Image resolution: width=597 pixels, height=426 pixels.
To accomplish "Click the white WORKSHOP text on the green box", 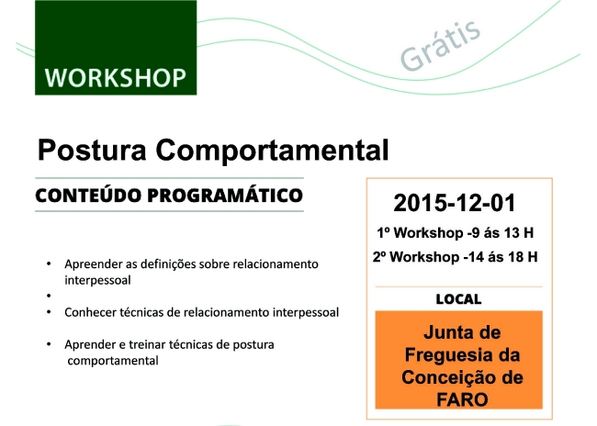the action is click(116, 78).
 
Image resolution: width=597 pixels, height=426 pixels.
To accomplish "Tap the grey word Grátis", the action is click(441, 45).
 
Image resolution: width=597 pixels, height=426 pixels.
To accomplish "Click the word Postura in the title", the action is click(92, 150).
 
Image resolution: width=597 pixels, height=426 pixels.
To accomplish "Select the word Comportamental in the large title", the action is click(272, 151).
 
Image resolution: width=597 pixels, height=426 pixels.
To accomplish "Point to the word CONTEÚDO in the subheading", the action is click(88, 195).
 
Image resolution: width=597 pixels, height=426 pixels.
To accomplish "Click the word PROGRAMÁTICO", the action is click(225, 195).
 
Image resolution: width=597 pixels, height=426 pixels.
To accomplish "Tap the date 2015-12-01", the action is click(455, 203).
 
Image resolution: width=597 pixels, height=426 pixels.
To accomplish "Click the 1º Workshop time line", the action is click(456, 233).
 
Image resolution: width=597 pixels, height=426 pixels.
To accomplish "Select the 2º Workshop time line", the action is click(456, 257).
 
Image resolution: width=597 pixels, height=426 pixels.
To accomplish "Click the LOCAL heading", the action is click(458, 299).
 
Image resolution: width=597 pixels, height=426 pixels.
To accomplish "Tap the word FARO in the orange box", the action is click(462, 399).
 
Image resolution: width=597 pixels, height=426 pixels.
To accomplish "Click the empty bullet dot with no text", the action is click(49, 296).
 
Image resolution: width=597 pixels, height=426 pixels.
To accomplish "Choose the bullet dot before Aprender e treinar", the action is click(49, 344).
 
